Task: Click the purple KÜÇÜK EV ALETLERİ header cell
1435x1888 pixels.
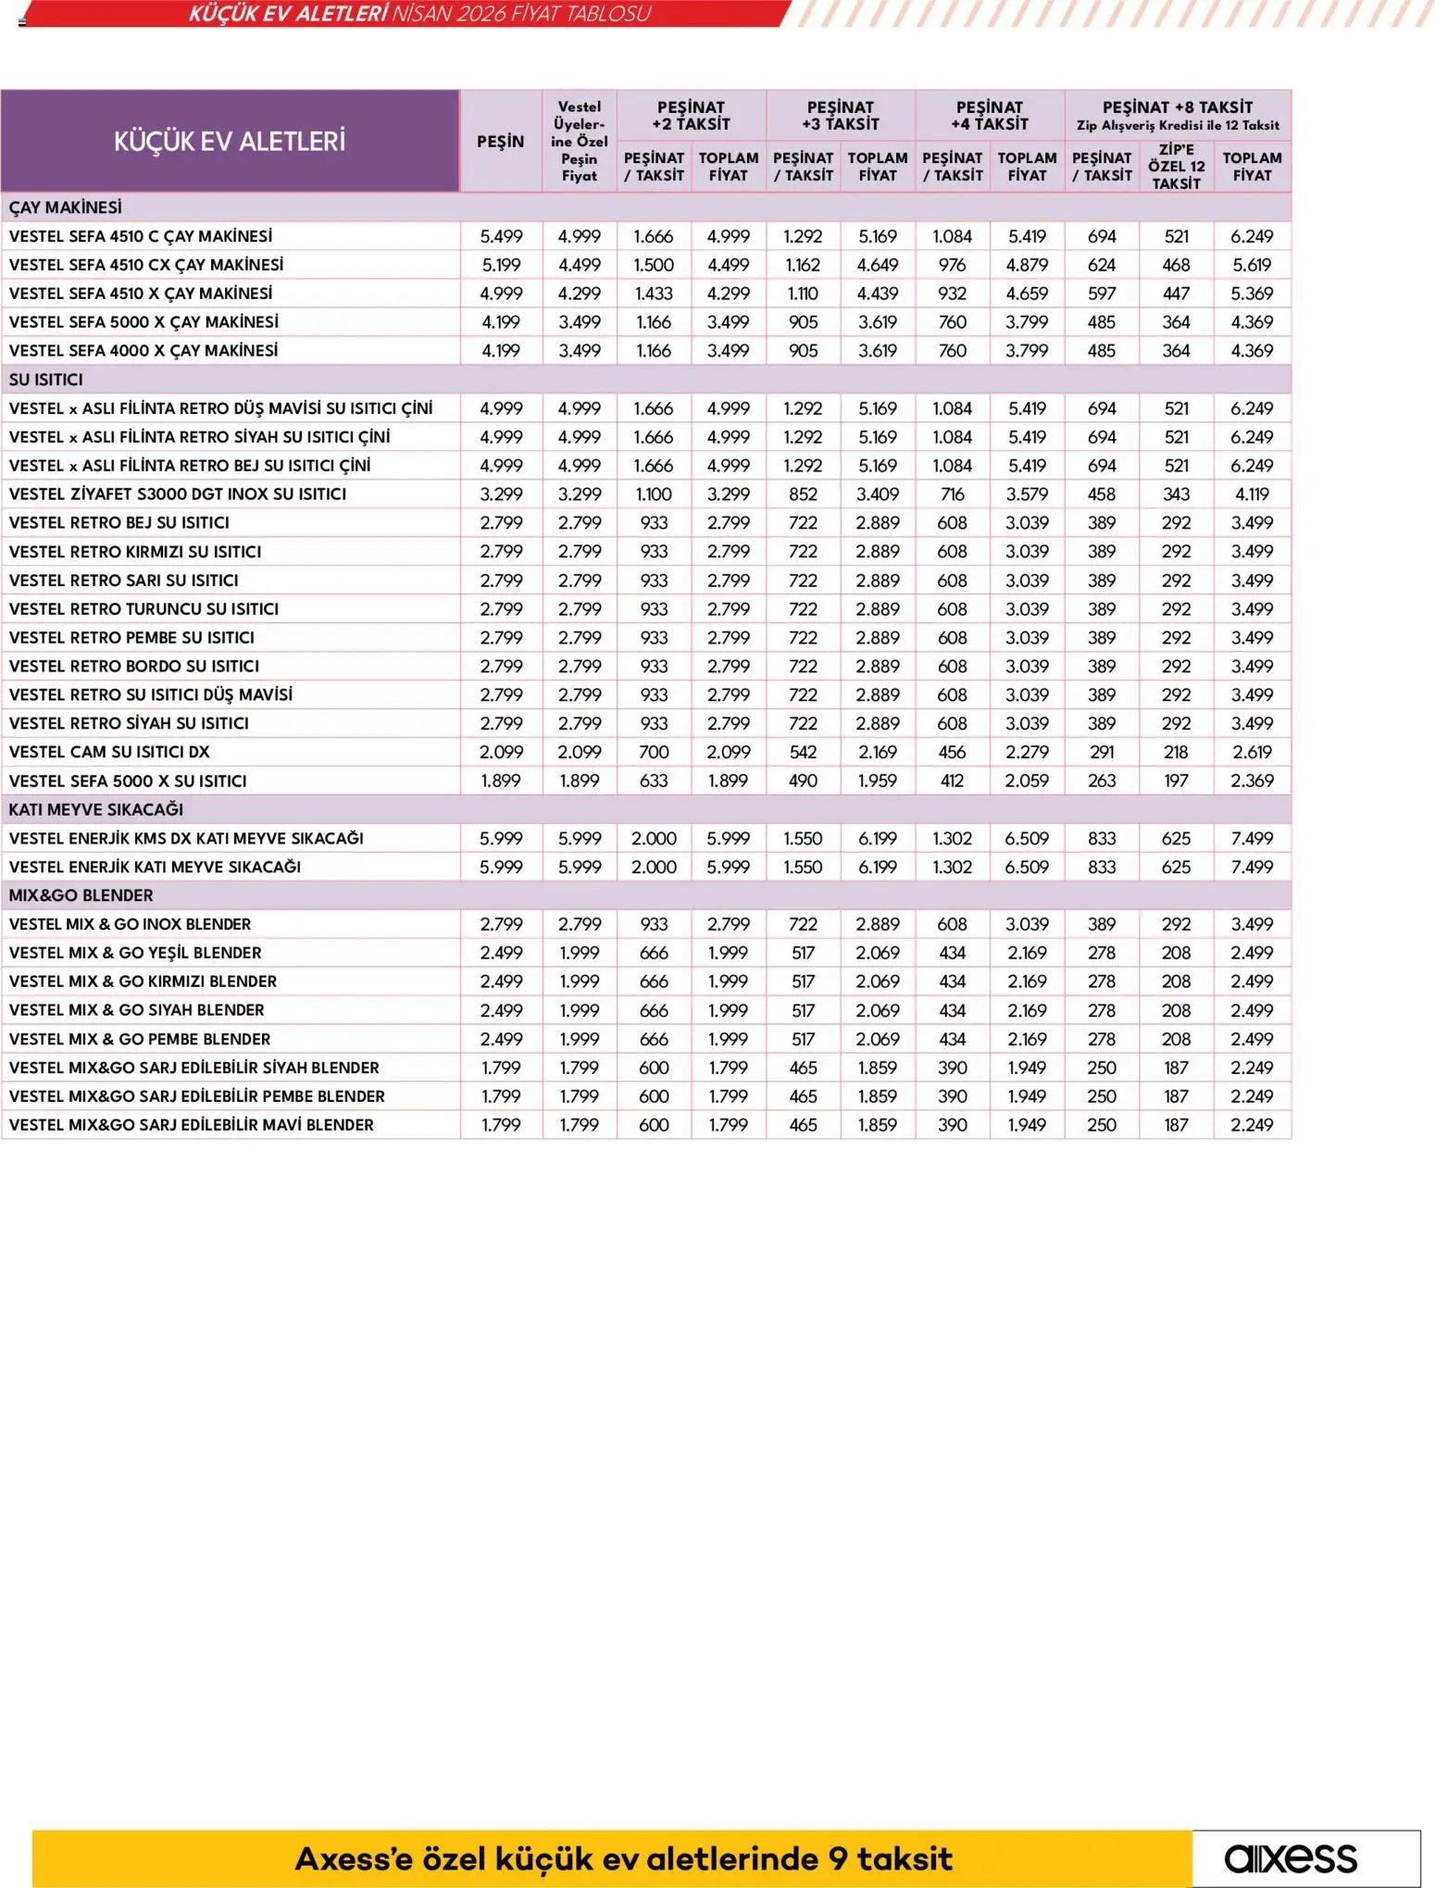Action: (x=230, y=142)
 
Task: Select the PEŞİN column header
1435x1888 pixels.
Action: (x=500, y=142)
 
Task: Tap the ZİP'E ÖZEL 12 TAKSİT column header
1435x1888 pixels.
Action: (x=1176, y=167)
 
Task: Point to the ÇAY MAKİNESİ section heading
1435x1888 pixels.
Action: (x=65, y=207)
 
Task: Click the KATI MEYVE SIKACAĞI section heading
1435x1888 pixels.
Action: (x=95, y=809)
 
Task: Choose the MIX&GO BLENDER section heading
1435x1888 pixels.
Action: (x=81, y=895)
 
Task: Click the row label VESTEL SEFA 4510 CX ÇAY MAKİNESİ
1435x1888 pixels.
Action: (x=145, y=265)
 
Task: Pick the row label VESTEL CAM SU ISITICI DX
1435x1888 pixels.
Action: (x=109, y=752)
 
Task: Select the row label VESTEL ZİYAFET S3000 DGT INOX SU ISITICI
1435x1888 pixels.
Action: (x=177, y=494)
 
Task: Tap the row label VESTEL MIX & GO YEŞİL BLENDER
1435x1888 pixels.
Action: (x=134, y=953)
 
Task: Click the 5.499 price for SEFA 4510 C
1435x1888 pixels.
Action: (x=501, y=236)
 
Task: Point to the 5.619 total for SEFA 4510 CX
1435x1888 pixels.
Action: (x=1252, y=265)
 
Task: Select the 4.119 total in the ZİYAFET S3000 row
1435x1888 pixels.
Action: (x=1252, y=494)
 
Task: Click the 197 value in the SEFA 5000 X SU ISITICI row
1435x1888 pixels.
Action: (x=1176, y=781)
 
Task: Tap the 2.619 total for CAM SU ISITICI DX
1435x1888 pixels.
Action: (x=1252, y=752)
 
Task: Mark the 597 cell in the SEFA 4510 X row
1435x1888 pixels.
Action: (x=1102, y=294)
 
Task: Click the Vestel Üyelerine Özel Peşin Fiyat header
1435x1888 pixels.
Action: (x=579, y=142)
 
